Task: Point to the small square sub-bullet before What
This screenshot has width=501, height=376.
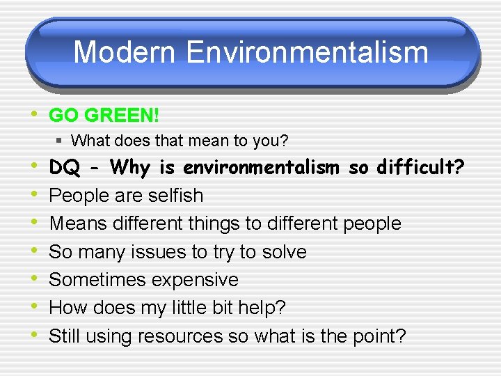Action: (61, 141)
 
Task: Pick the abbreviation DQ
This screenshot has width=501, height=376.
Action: (64, 168)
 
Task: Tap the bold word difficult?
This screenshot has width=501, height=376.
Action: (420, 168)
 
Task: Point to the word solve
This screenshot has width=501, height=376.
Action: (284, 251)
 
